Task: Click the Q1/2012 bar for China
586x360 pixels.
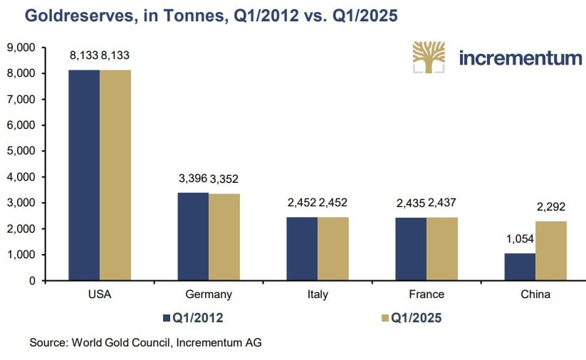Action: pyautogui.click(x=520, y=267)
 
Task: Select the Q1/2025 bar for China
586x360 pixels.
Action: pyautogui.click(x=551, y=250)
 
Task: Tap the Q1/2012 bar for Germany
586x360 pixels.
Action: pyautogui.click(x=193, y=236)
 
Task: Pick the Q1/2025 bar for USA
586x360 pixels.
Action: pyautogui.click(x=115, y=175)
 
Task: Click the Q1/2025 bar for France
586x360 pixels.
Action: pyautogui.click(x=442, y=249)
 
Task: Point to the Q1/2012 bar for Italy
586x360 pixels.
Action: pyautogui.click(x=302, y=249)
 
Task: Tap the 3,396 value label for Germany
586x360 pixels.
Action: pyautogui.click(x=192, y=179)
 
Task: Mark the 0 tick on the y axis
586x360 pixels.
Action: pyautogui.click(x=32, y=281)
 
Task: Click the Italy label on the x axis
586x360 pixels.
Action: pyautogui.click(x=318, y=295)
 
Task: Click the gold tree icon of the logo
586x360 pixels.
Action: pyautogui.click(x=429, y=58)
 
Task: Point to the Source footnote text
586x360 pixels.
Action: pyautogui.click(x=145, y=343)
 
